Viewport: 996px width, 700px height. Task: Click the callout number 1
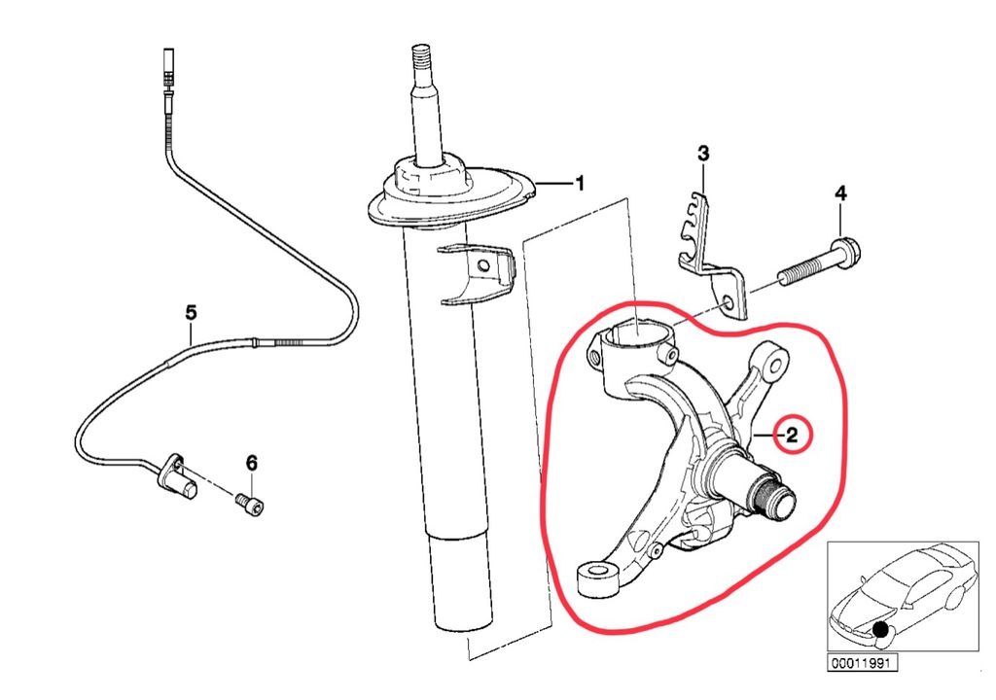[579, 183]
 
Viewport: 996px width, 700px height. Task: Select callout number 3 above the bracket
[703, 154]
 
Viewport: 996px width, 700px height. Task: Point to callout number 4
[840, 193]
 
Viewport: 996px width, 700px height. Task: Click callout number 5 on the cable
[191, 312]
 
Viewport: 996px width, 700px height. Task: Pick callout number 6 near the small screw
[251, 462]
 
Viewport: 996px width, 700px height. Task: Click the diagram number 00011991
[862, 664]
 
